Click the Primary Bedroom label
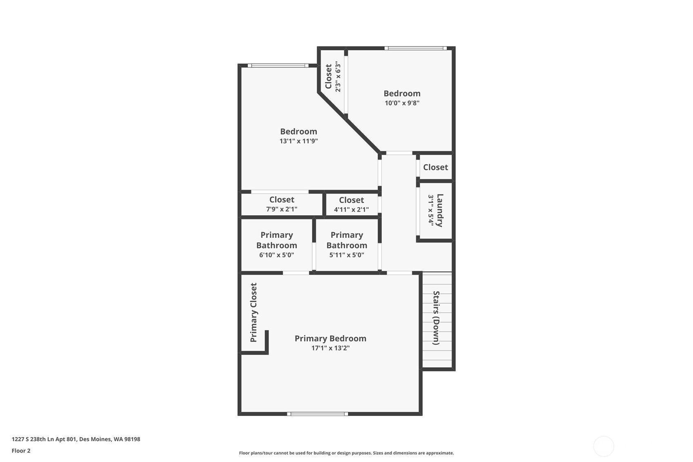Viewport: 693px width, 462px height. pyautogui.click(x=330, y=339)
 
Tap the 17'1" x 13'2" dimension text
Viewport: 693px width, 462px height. pyautogui.click(x=330, y=348)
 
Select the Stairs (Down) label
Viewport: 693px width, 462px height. pyautogui.click(x=436, y=318)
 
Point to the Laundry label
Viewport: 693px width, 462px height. pyautogui.click(x=440, y=210)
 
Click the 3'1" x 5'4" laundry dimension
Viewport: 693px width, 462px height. pyautogui.click(x=431, y=210)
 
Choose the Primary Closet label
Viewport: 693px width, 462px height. pyautogui.click(x=253, y=312)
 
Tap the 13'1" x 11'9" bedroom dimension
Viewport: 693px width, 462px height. pyautogui.click(x=299, y=141)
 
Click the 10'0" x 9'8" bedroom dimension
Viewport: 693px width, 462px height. pyautogui.click(x=402, y=103)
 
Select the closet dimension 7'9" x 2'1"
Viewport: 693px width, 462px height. pyautogui.click(x=281, y=209)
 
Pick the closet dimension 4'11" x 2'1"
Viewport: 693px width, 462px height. pyautogui.click(x=351, y=210)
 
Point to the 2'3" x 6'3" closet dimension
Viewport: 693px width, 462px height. pyautogui.click(x=338, y=76)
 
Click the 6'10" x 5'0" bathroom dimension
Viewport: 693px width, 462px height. pyautogui.click(x=276, y=255)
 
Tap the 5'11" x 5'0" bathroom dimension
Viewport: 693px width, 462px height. pyautogui.click(x=346, y=255)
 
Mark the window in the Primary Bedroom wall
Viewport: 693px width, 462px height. pyautogui.click(x=317, y=414)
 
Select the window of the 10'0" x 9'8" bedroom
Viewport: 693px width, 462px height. pyautogui.click(x=415, y=48)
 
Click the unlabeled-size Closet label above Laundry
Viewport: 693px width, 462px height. pyautogui.click(x=435, y=167)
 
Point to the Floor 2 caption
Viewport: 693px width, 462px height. pyautogui.click(x=21, y=451)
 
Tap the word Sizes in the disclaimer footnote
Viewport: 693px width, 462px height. pyautogui.click(x=379, y=453)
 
